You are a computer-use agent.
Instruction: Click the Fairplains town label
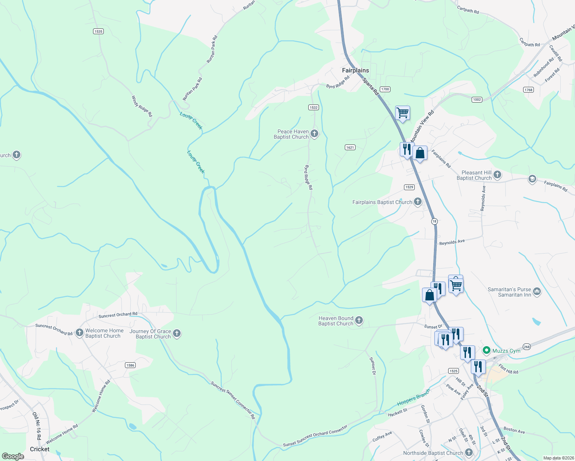[355, 70]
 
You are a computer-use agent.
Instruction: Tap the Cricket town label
[40, 449]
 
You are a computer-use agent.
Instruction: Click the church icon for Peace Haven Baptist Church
[314, 134]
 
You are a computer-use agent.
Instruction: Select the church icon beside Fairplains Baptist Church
[418, 202]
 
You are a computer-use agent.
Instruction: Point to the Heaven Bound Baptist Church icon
[359, 320]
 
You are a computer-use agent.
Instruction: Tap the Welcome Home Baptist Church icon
[80, 333]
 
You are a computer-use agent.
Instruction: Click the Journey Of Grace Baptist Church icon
[177, 333]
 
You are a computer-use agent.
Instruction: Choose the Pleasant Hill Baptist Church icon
[497, 175]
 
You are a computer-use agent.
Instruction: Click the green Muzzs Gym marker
[486, 350]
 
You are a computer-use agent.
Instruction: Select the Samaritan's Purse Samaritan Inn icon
[537, 292]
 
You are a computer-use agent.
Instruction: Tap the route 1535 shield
[98, 31]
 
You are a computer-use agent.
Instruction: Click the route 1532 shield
[314, 107]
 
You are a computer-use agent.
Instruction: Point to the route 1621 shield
[350, 147]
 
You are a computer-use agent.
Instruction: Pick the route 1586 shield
[130, 365]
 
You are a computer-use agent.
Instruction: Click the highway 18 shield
[434, 221]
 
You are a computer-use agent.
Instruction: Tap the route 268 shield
[527, 347]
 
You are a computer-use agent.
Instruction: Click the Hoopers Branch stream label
[413, 397]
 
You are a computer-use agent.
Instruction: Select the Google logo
[13, 456]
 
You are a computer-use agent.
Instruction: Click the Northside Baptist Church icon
[469, 453]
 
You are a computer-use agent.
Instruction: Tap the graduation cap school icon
[532, 179]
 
